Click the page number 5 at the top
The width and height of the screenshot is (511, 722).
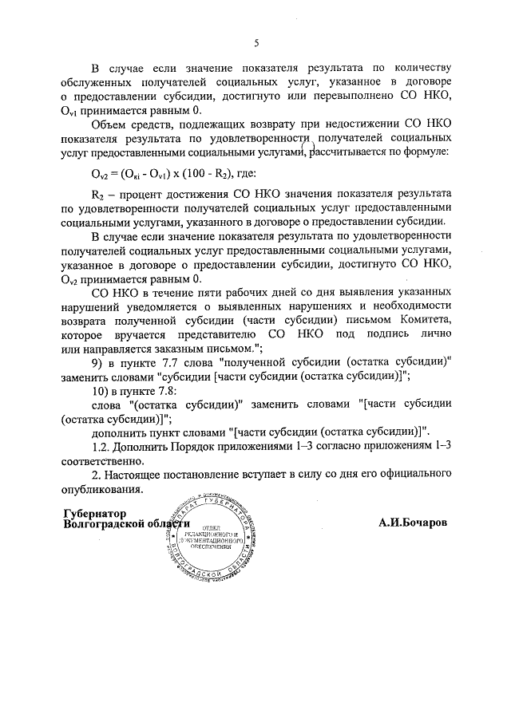(x=255, y=43)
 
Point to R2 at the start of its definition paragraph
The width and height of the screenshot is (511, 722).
(x=98, y=194)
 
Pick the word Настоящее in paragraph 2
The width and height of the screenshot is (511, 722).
(x=137, y=475)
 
